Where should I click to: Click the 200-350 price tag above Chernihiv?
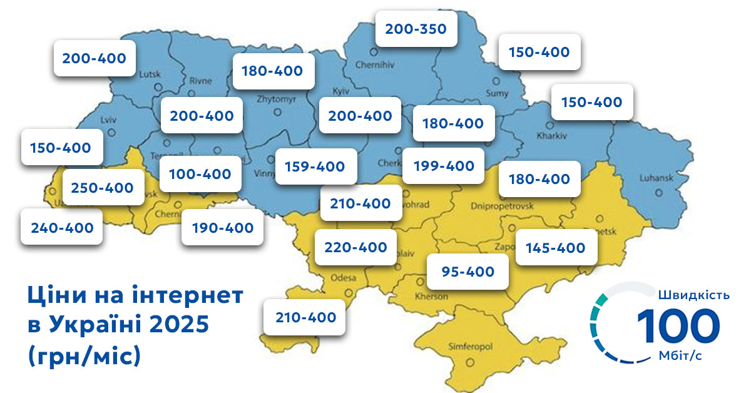(x=416, y=29)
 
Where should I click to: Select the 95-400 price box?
(x=467, y=272)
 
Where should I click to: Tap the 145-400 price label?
(x=556, y=248)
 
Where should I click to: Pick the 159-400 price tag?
(x=315, y=166)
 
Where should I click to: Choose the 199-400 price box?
(x=443, y=166)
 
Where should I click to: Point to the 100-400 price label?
(x=200, y=173)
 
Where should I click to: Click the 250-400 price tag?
(x=103, y=187)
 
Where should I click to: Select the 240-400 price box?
(x=61, y=228)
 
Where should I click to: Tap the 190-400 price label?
(x=222, y=227)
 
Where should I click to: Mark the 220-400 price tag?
(x=355, y=247)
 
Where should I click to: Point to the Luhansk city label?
(x=655, y=178)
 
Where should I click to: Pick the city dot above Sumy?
(x=496, y=81)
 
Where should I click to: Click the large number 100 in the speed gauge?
(x=678, y=326)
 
